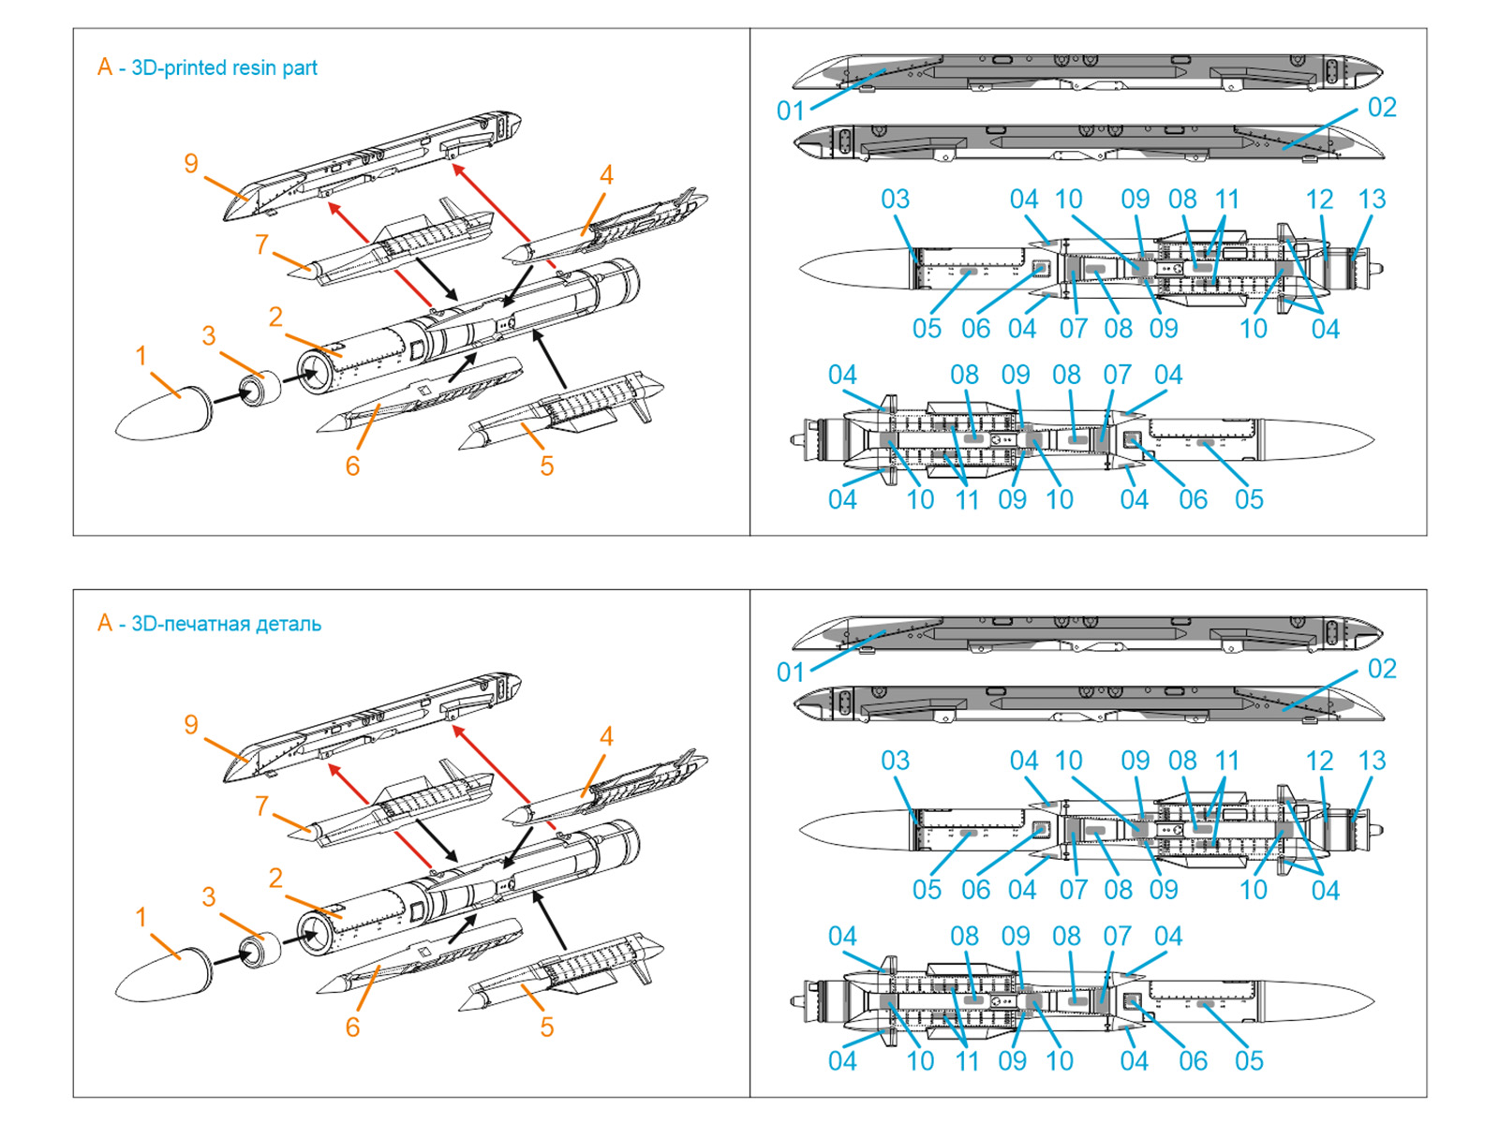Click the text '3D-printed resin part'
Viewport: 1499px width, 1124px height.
tap(224, 67)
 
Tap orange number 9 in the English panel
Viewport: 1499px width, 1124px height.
tap(191, 164)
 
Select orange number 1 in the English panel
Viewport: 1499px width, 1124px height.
tap(141, 356)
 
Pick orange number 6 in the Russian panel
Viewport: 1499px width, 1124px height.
tap(352, 1027)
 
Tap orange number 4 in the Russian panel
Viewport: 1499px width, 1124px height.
tap(606, 737)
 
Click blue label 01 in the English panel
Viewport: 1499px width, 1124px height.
tap(790, 111)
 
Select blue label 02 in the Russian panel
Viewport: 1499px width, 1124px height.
tap(1382, 669)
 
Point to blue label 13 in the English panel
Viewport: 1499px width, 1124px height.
tap(1372, 200)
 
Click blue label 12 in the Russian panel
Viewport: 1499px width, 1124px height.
tap(1319, 761)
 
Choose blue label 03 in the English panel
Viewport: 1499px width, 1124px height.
tap(895, 200)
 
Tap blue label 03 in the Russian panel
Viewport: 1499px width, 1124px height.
tap(895, 761)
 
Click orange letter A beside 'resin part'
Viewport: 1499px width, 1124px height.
tap(105, 67)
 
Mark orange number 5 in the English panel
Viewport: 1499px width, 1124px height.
tap(547, 466)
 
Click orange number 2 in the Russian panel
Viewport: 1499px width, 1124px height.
tap(275, 878)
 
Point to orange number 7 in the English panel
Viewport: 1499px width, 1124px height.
tap(261, 245)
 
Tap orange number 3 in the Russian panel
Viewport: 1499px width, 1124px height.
tap(209, 896)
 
